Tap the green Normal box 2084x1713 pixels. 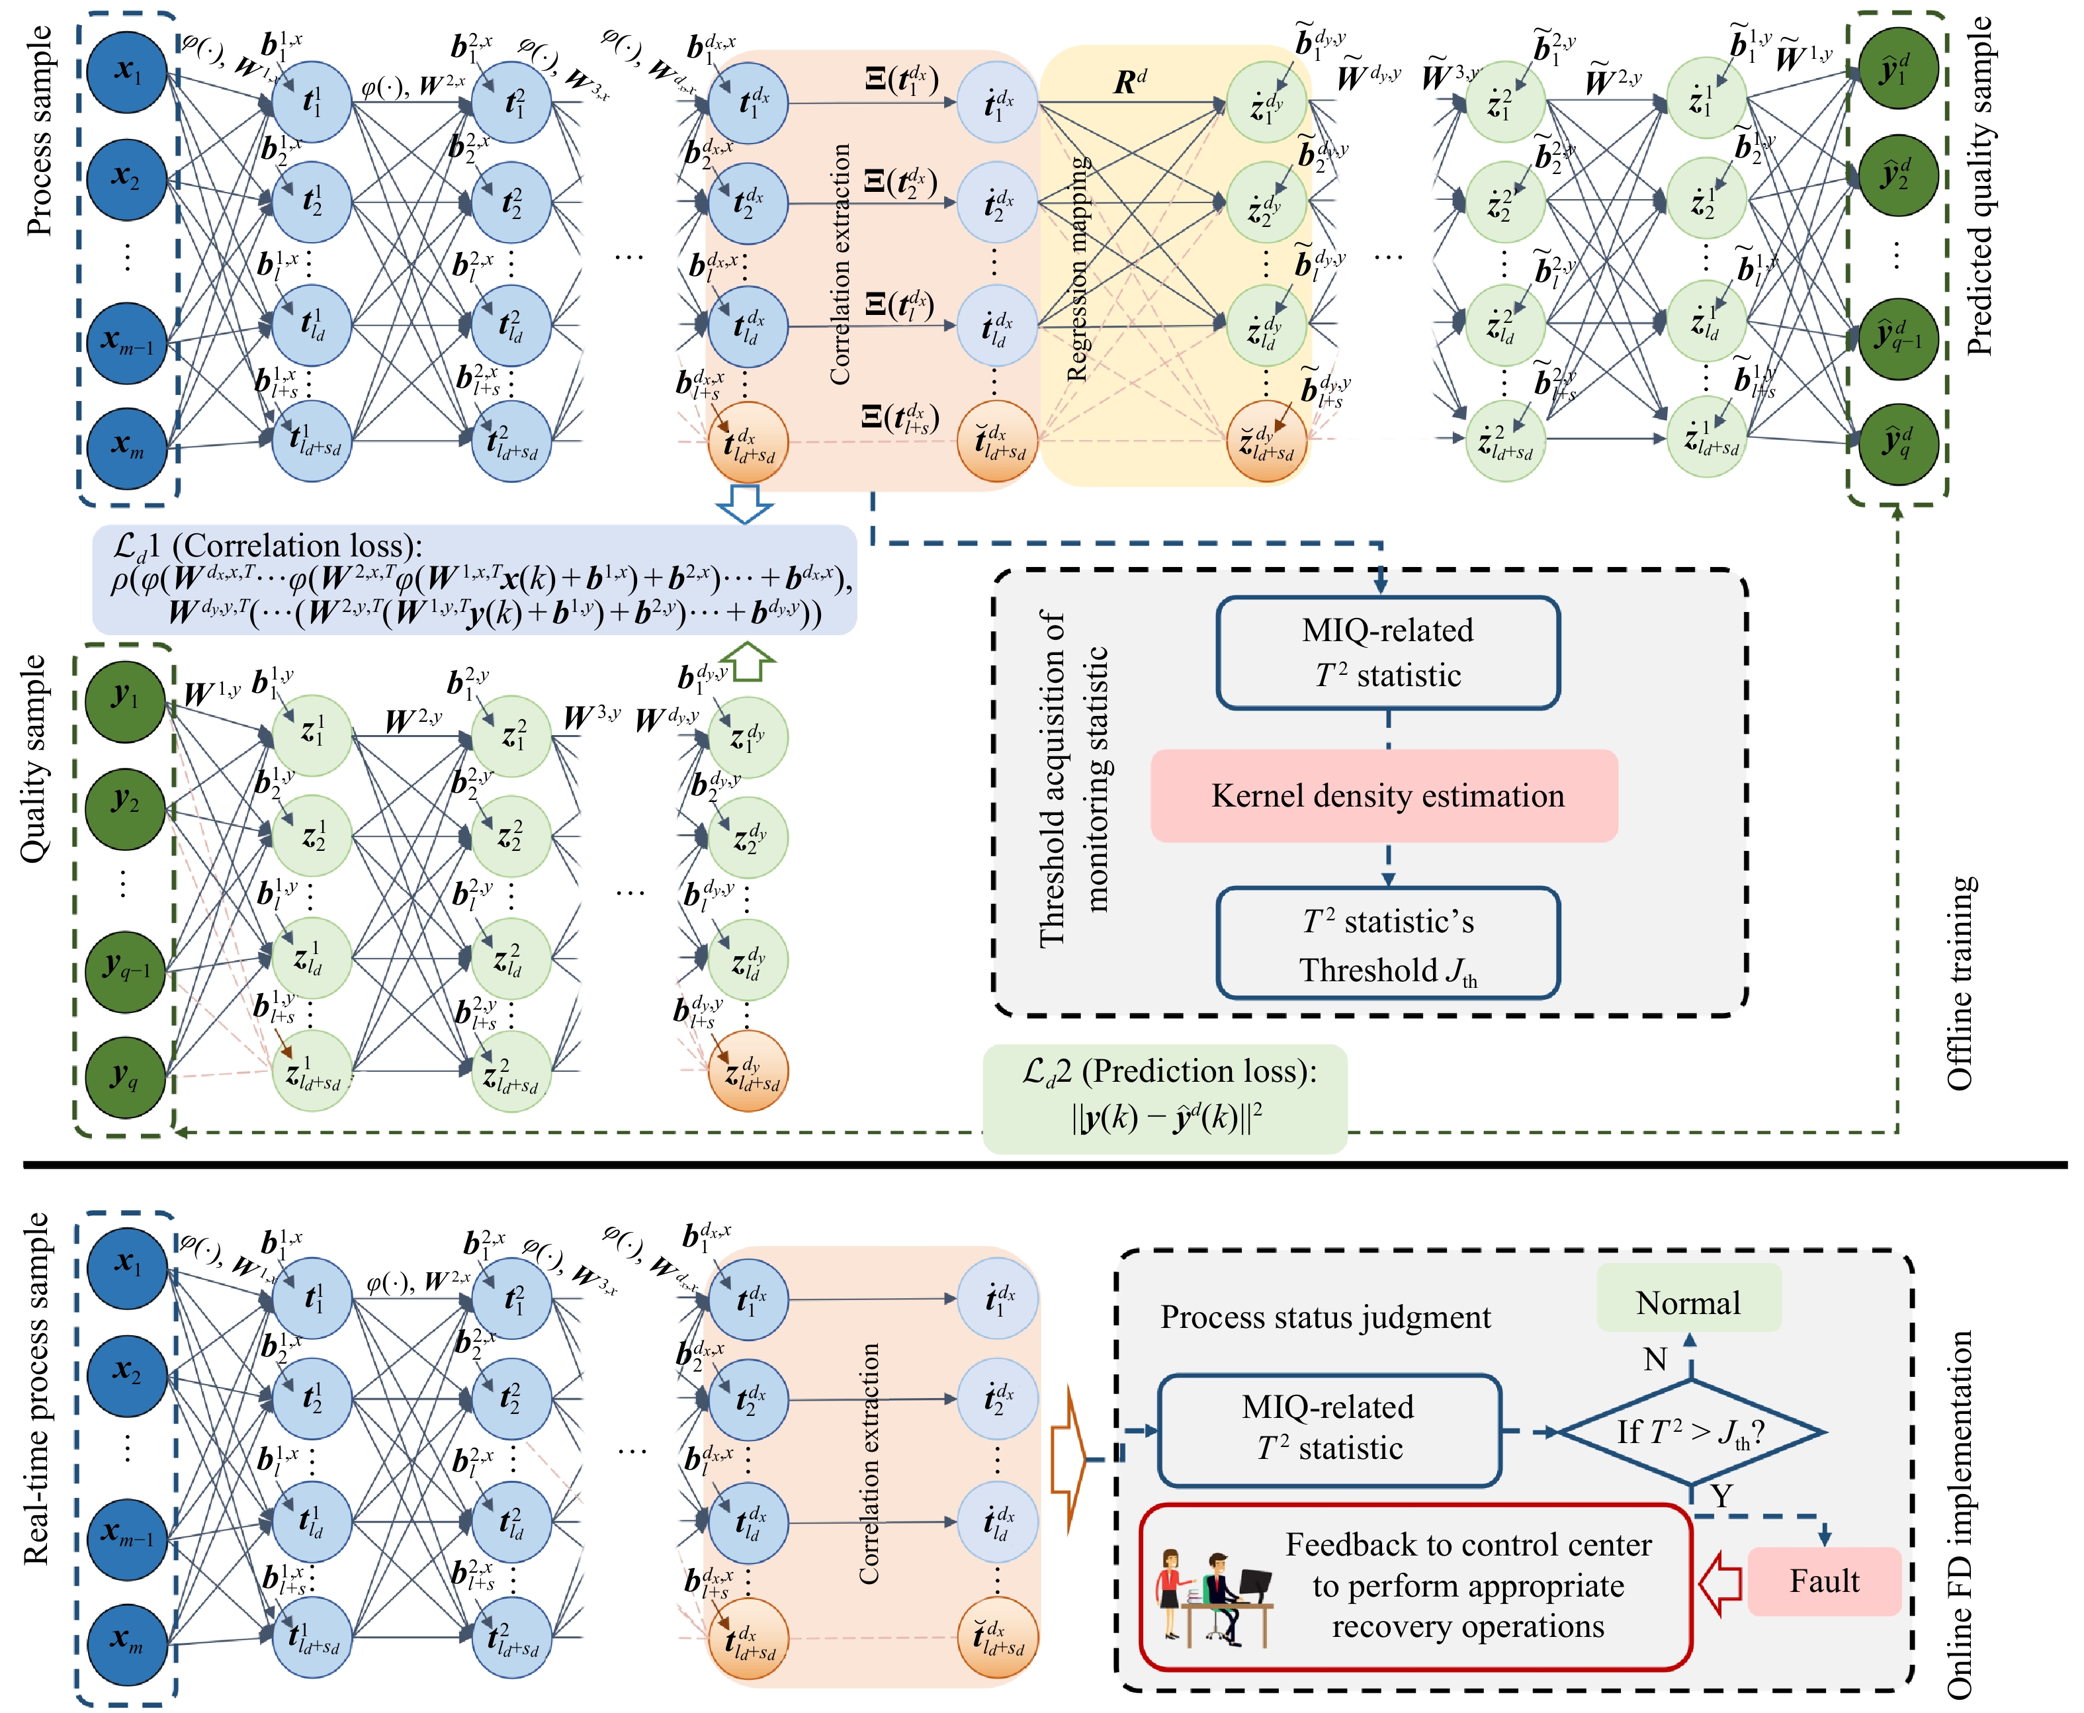tap(1688, 1303)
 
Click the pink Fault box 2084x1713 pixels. tap(1823, 1581)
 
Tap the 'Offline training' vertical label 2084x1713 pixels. tap(1960, 983)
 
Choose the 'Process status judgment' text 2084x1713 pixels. tap(1325, 1317)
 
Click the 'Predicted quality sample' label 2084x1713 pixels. tap(1977, 187)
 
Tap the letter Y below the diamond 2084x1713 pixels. tap(1722, 1496)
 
